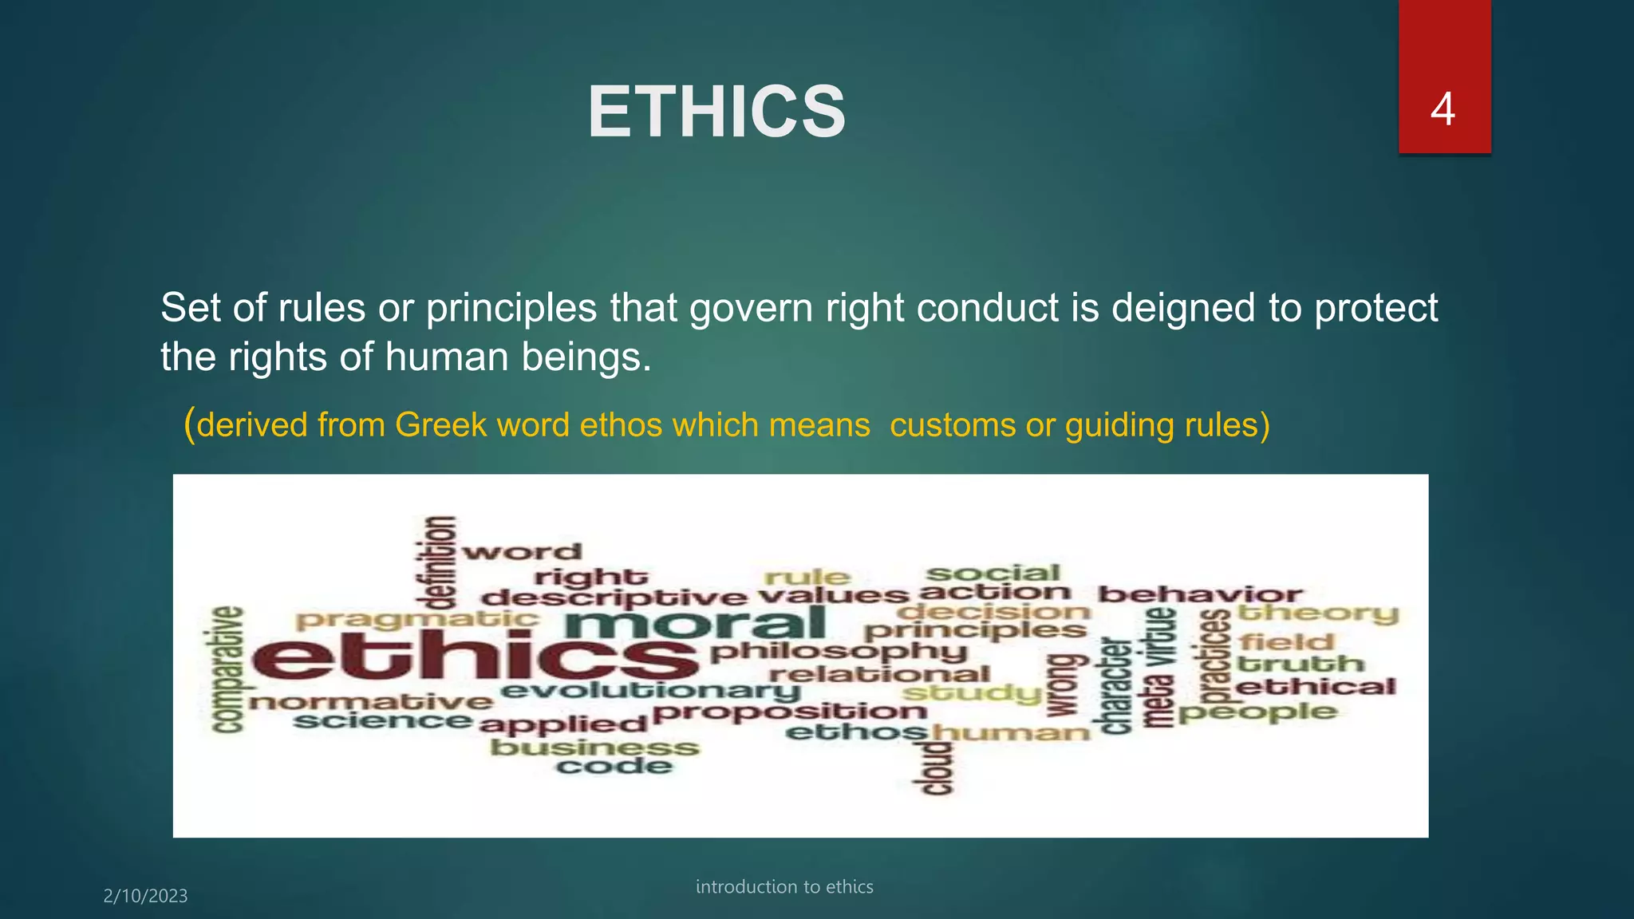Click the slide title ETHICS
pyautogui.click(x=716, y=112)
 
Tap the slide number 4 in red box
pyautogui.click(x=1443, y=109)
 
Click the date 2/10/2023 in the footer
pyautogui.click(x=145, y=896)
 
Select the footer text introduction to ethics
pyautogui.click(x=784, y=886)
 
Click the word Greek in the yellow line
pyautogui.click(x=440, y=425)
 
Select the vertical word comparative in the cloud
pyautogui.click(x=227, y=669)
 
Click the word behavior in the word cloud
pyautogui.click(x=1199, y=594)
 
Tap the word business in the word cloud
pyautogui.click(x=594, y=747)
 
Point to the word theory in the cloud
pyautogui.click(x=1317, y=613)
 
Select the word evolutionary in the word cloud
pyautogui.click(x=650, y=691)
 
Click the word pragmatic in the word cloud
pyautogui.click(x=417, y=619)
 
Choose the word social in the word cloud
pyautogui.click(x=993, y=573)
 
